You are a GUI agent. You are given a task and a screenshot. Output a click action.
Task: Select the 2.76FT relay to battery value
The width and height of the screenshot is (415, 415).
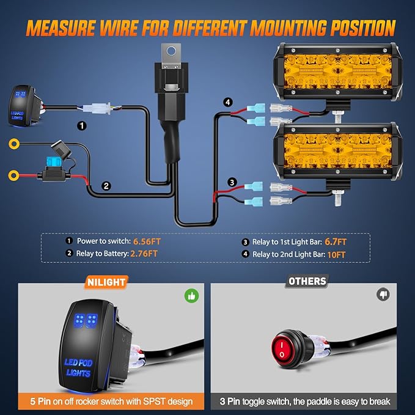pyautogui.click(x=144, y=253)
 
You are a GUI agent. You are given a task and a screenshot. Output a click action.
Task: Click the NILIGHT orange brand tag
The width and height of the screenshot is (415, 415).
pyautogui.click(x=106, y=282)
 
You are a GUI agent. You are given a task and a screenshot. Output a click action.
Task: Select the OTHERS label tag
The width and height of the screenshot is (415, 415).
pyautogui.click(x=307, y=282)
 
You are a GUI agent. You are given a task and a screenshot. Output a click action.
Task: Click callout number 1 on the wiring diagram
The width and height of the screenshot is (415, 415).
pyautogui.click(x=81, y=125)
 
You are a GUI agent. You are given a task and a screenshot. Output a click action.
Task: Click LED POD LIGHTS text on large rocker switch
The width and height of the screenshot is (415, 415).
pyautogui.click(x=78, y=367)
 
